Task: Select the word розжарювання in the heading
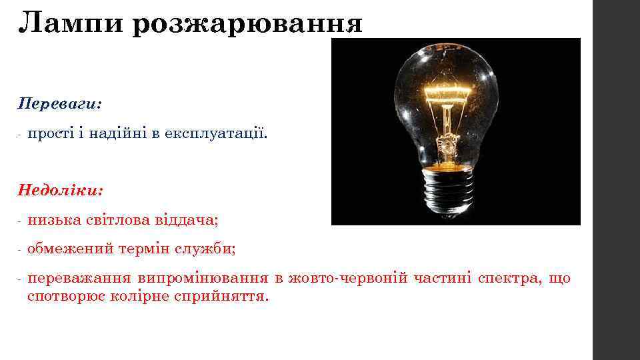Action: [x=247, y=25]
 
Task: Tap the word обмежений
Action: [x=69, y=249]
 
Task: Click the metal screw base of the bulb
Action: [x=448, y=189]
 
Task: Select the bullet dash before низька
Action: [x=21, y=219]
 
